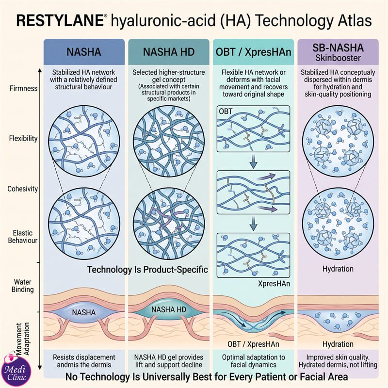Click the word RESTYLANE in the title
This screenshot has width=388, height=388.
[x=60, y=20]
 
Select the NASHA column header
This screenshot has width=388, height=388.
[x=84, y=52]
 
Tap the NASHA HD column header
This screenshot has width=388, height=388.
[x=169, y=52]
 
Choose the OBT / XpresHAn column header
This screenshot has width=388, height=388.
[x=253, y=52]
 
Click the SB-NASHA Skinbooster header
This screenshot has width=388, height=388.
[x=338, y=52]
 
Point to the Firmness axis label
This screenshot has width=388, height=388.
[x=23, y=88]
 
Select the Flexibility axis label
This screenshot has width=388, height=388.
[x=23, y=138]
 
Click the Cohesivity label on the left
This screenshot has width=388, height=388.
[x=22, y=189]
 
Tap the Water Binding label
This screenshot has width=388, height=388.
[x=22, y=286]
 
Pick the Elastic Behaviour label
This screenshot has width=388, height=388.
[x=22, y=237]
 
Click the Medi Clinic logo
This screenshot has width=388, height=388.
[x=16, y=370]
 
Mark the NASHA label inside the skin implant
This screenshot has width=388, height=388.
[x=83, y=312]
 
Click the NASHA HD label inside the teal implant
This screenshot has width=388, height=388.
[x=168, y=309]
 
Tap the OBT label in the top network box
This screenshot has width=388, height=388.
[x=226, y=112]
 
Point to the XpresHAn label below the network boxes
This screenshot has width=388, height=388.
[x=274, y=283]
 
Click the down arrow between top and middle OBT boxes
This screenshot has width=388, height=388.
[x=253, y=162]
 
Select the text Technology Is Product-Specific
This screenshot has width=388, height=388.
[x=147, y=270]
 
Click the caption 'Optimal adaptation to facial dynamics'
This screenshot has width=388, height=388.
[x=253, y=361]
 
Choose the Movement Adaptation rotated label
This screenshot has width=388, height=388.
[x=23, y=339]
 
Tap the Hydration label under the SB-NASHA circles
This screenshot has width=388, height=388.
[x=338, y=269]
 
